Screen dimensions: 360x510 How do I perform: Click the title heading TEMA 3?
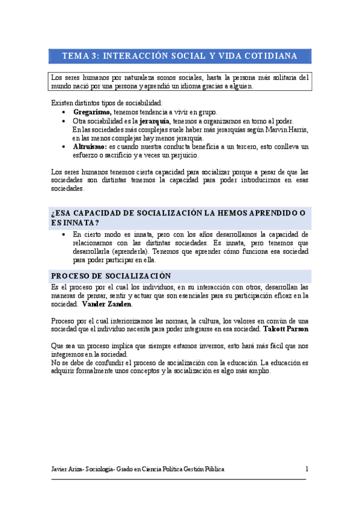click(x=180, y=56)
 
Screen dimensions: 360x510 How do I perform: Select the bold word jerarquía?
click(x=154, y=120)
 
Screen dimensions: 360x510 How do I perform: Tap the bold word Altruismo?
click(x=90, y=146)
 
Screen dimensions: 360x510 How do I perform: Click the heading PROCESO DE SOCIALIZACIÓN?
click(x=111, y=276)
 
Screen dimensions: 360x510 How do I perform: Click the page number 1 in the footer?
click(x=307, y=469)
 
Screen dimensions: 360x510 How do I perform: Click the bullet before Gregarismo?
click(x=64, y=112)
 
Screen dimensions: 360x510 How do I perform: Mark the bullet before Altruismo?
click(x=64, y=147)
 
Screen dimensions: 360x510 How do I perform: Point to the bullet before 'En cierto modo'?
click(x=64, y=235)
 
